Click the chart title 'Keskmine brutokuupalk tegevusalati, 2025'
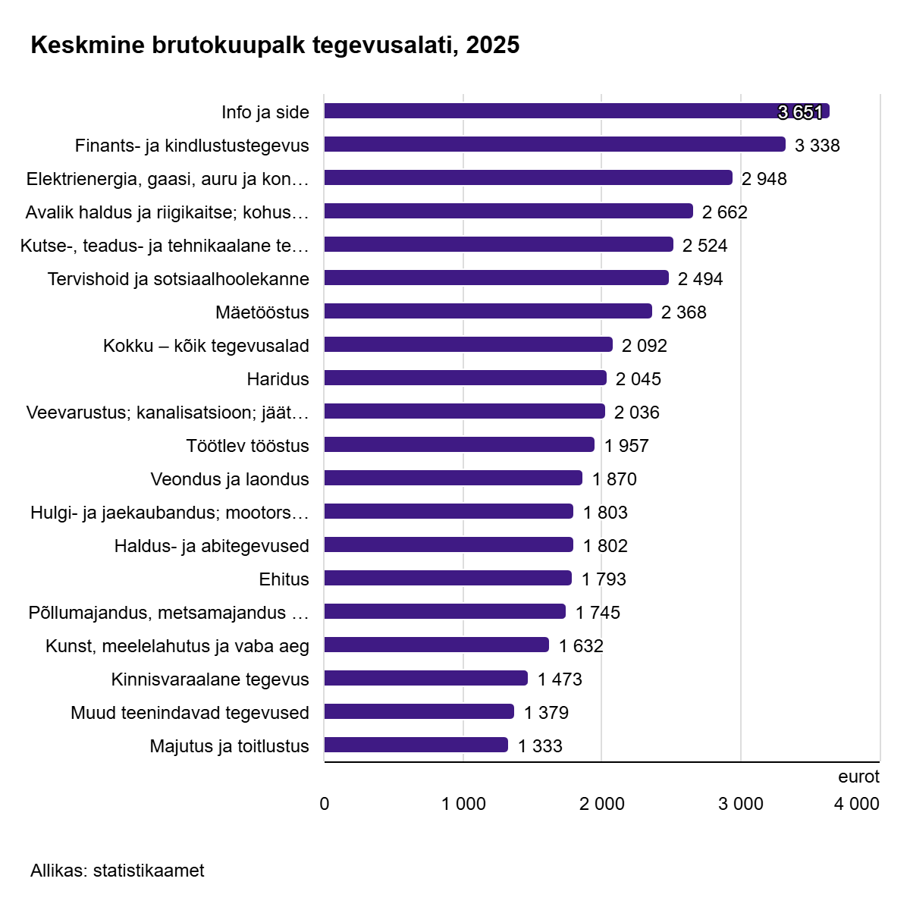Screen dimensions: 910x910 (x=275, y=45)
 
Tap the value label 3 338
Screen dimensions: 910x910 (x=817, y=146)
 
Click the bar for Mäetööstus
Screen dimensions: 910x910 (x=488, y=312)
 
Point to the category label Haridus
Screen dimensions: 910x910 (x=278, y=379)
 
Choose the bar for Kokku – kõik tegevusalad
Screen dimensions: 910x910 (x=468, y=345)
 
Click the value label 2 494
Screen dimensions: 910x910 (x=700, y=279)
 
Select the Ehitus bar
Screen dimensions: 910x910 (x=447, y=579)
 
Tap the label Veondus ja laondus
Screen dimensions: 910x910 (x=230, y=479)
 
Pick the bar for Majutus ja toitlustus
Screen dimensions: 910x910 (x=416, y=745)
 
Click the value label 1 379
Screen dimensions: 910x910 (x=546, y=713)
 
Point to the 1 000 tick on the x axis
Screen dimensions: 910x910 (x=463, y=804)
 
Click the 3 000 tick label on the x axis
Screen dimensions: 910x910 (x=741, y=804)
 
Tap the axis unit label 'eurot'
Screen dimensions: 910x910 (x=858, y=777)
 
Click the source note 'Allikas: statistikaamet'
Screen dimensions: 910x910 (x=118, y=871)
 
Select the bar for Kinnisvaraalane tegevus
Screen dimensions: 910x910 (x=425, y=679)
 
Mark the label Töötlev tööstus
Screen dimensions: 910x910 (x=247, y=446)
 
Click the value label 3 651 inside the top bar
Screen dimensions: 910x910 (x=800, y=112)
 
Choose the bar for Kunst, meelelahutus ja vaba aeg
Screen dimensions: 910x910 (x=436, y=645)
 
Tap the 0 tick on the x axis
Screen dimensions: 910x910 (x=325, y=804)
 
